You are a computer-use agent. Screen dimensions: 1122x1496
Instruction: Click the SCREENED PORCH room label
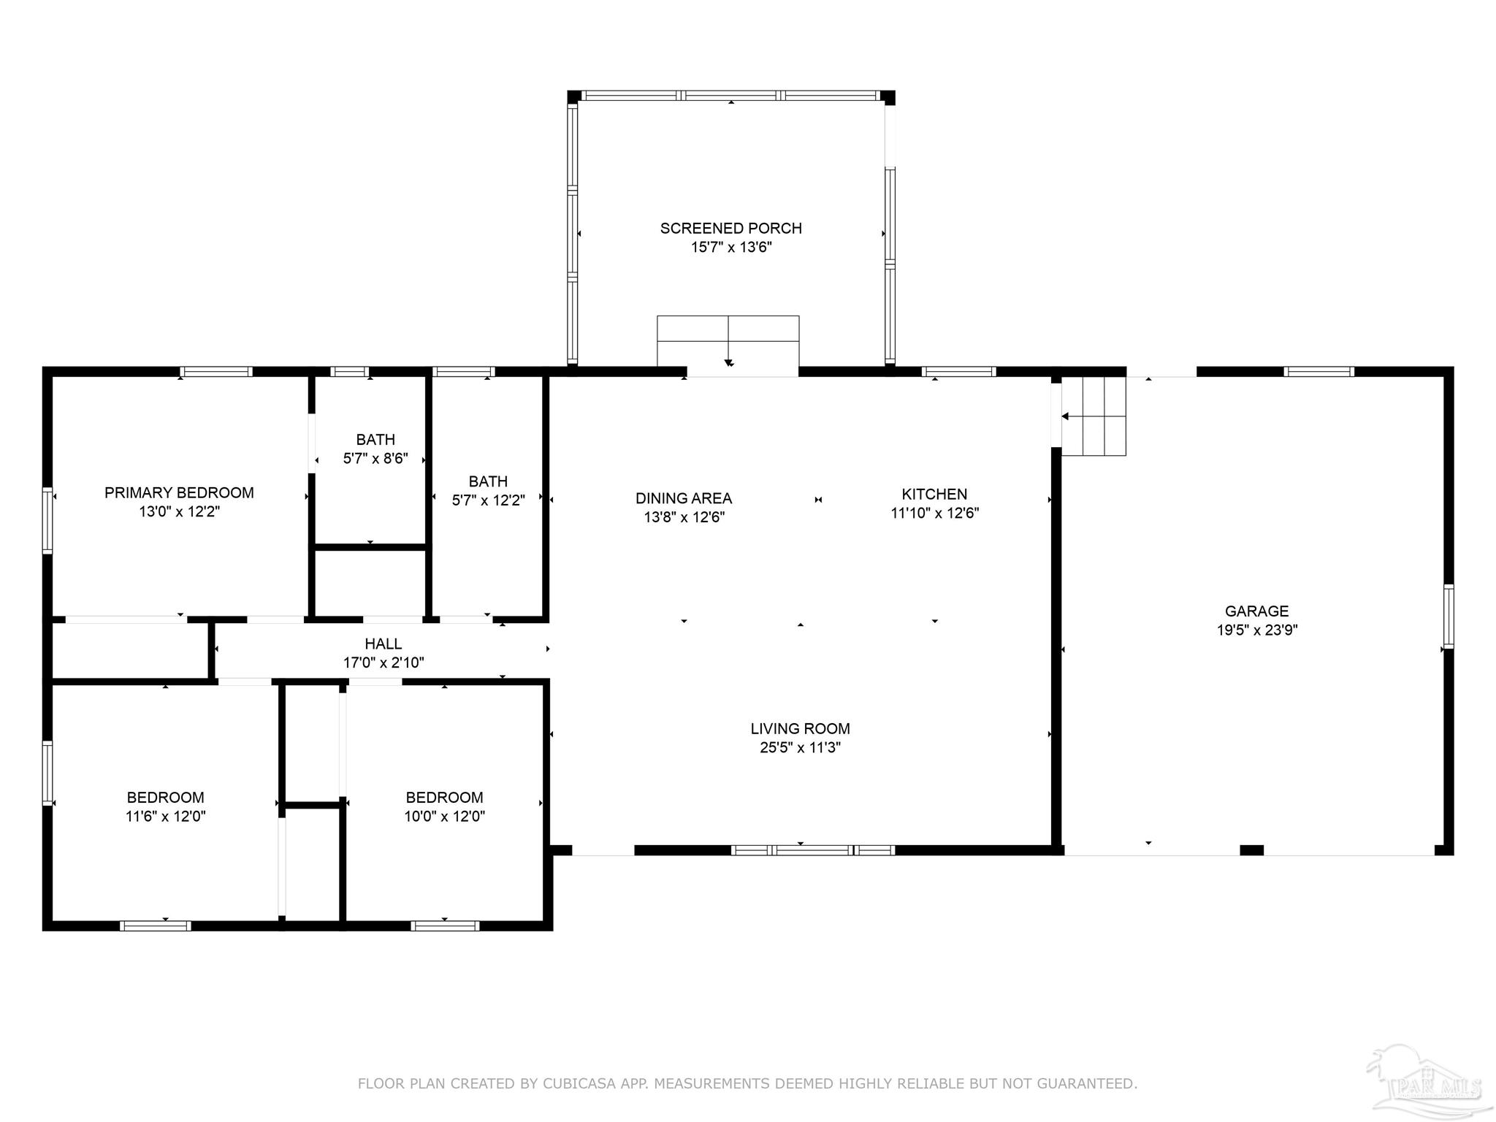click(730, 228)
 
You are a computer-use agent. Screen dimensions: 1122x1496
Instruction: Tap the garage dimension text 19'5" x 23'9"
click(1256, 630)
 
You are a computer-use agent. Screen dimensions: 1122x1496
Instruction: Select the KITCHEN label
click(934, 494)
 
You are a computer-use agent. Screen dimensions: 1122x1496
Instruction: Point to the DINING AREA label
click(683, 498)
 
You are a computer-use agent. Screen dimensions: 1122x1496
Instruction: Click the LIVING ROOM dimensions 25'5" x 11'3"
click(800, 747)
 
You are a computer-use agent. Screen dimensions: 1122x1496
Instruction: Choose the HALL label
click(383, 644)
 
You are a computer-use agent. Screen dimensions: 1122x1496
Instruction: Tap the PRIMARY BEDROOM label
click(179, 492)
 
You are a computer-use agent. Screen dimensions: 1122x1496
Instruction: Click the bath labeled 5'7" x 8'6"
click(375, 449)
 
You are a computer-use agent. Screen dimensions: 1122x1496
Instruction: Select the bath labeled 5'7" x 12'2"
click(488, 491)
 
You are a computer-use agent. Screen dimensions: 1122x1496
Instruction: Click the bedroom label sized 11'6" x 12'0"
click(165, 806)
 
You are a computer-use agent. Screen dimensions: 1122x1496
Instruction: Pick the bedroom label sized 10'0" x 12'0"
click(444, 806)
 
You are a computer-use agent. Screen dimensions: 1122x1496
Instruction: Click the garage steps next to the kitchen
click(1093, 416)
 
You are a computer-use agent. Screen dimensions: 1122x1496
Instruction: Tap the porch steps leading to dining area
click(728, 340)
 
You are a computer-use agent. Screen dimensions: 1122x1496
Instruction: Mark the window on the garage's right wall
click(1448, 616)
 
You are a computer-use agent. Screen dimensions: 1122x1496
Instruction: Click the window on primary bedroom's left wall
click(47, 520)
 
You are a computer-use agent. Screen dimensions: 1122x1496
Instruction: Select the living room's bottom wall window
click(812, 850)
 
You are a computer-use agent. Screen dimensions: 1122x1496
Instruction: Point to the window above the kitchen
click(958, 372)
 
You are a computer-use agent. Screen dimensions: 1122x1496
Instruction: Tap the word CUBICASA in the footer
click(577, 1083)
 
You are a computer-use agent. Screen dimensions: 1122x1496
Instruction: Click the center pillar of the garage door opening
click(1251, 850)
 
